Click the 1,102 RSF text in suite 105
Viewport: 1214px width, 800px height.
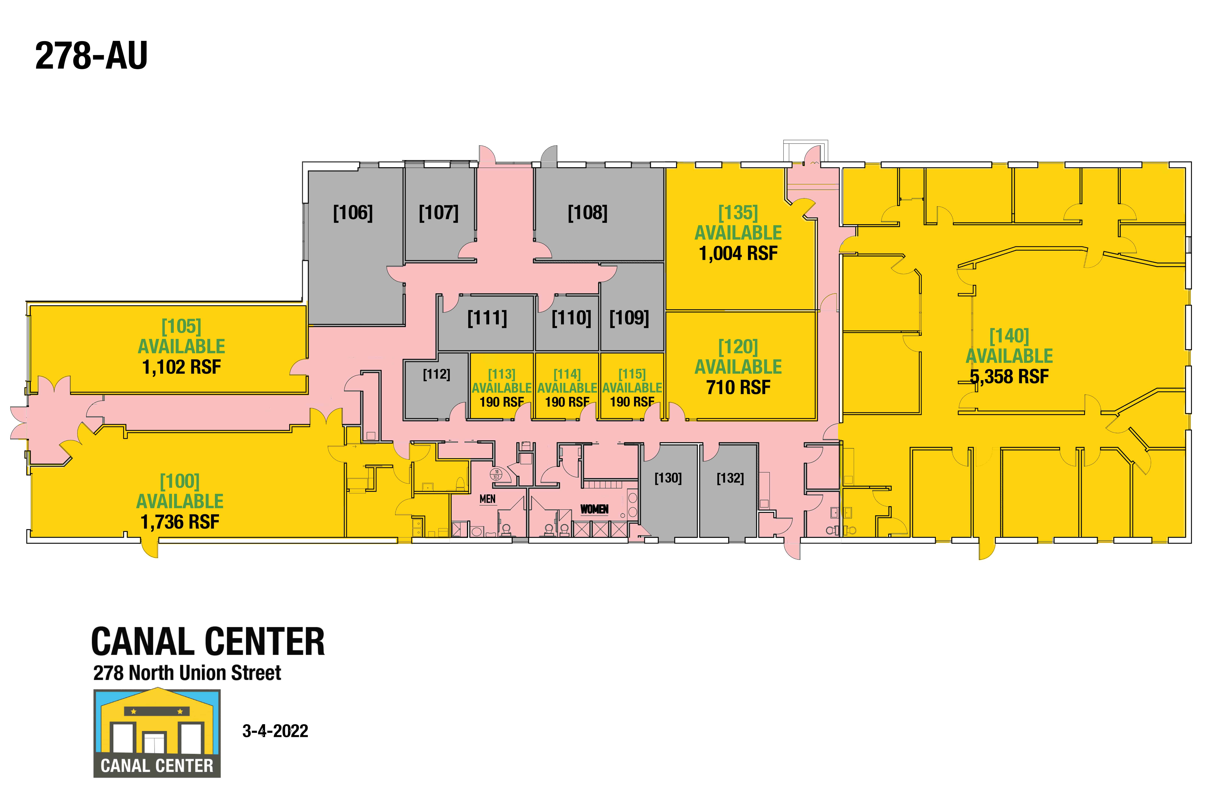click(x=182, y=367)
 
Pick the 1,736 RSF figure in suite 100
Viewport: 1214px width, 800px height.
click(x=180, y=522)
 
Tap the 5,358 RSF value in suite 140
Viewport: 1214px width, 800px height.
click(x=1009, y=376)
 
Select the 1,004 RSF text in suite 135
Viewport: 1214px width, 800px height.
click(x=738, y=253)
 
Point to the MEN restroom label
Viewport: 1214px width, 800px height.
click(x=488, y=499)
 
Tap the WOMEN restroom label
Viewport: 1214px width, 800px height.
click(x=594, y=509)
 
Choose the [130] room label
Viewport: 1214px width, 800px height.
click(x=668, y=478)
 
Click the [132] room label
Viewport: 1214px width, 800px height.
click(x=730, y=478)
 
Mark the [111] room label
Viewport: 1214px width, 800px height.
click(x=487, y=318)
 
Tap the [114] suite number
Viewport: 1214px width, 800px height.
click(x=567, y=374)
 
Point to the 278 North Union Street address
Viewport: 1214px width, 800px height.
click(x=187, y=673)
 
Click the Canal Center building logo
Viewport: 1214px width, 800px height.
click(x=157, y=733)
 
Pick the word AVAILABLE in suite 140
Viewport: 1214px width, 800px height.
click(x=1009, y=356)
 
